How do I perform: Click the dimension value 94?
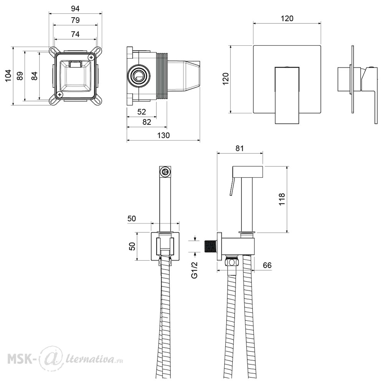(x=75, y=8)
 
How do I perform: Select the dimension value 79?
(x=75, y=20)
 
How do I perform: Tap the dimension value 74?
(x=75, y=34)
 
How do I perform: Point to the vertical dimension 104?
(x=8, y=76)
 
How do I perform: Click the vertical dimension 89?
(x=20, y=76)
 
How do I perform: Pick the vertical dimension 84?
(x=34, y=76)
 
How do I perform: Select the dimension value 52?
(x=142, y=112)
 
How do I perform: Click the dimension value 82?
(x=147, y=122)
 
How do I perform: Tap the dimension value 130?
(x=163, y=135)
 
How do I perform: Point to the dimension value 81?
(x=240, y=148)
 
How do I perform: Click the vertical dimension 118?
(x=282, y=199)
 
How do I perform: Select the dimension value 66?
(x=267, y=265)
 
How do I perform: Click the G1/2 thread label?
(x=194, y=270)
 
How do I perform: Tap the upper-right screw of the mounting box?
(x=91, y=58)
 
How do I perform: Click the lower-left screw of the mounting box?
(x=59, y=94)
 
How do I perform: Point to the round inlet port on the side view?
(x=138, y=76)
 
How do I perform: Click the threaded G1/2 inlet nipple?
(x=210, y=247)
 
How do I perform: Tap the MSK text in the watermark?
(x=19, y=359)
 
